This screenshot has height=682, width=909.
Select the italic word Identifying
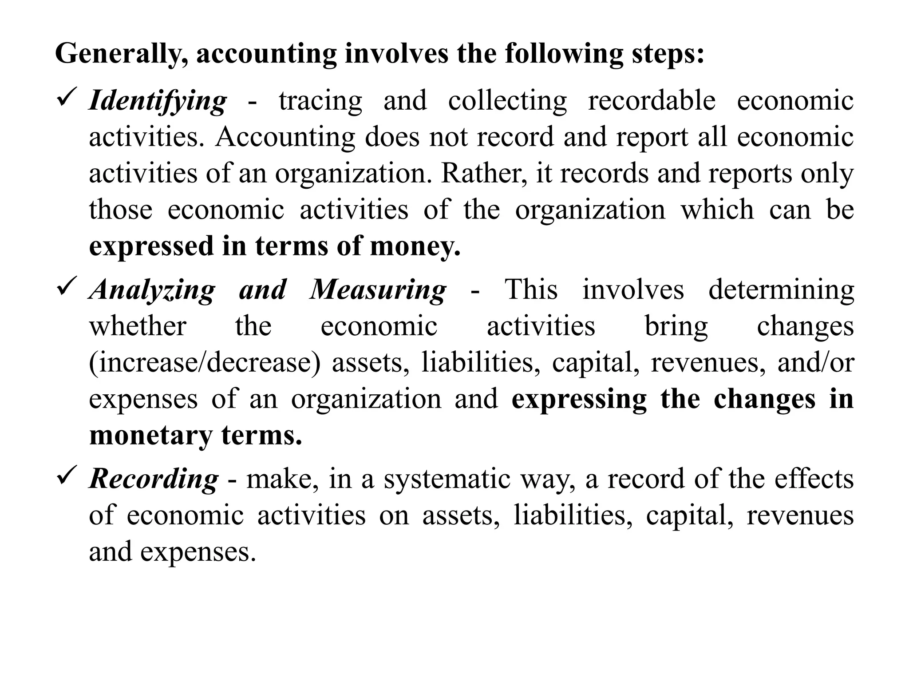[158, 101]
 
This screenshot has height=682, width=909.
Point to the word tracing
[320, 101]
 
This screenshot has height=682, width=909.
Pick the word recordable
[652, 100]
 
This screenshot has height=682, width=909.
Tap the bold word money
[415, 246]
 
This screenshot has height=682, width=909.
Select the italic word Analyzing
[152, 290]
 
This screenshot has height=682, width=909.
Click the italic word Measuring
[378, 290]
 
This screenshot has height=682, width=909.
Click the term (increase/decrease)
[205, 362]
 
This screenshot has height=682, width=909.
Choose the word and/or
[816, 362]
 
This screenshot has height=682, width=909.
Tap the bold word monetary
[151, 436]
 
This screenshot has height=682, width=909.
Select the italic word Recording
[154, 480]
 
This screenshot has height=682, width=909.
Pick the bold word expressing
[579, 400]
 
